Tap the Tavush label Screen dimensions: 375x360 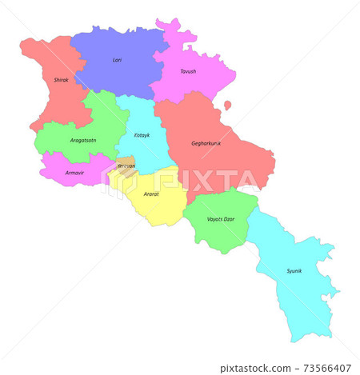(188, 71)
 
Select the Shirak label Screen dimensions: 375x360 (61, 80)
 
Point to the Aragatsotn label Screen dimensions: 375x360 (82, 140)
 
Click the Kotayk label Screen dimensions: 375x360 (142, 135)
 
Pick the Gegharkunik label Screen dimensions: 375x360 (206, 143)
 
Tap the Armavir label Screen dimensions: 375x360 (74, 172)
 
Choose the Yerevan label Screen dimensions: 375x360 (126, 166)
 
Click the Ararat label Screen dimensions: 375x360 (150, 193)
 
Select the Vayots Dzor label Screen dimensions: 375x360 (220, 218)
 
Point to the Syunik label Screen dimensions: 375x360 (294, 271)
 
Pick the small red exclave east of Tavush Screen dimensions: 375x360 (227, 105)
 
